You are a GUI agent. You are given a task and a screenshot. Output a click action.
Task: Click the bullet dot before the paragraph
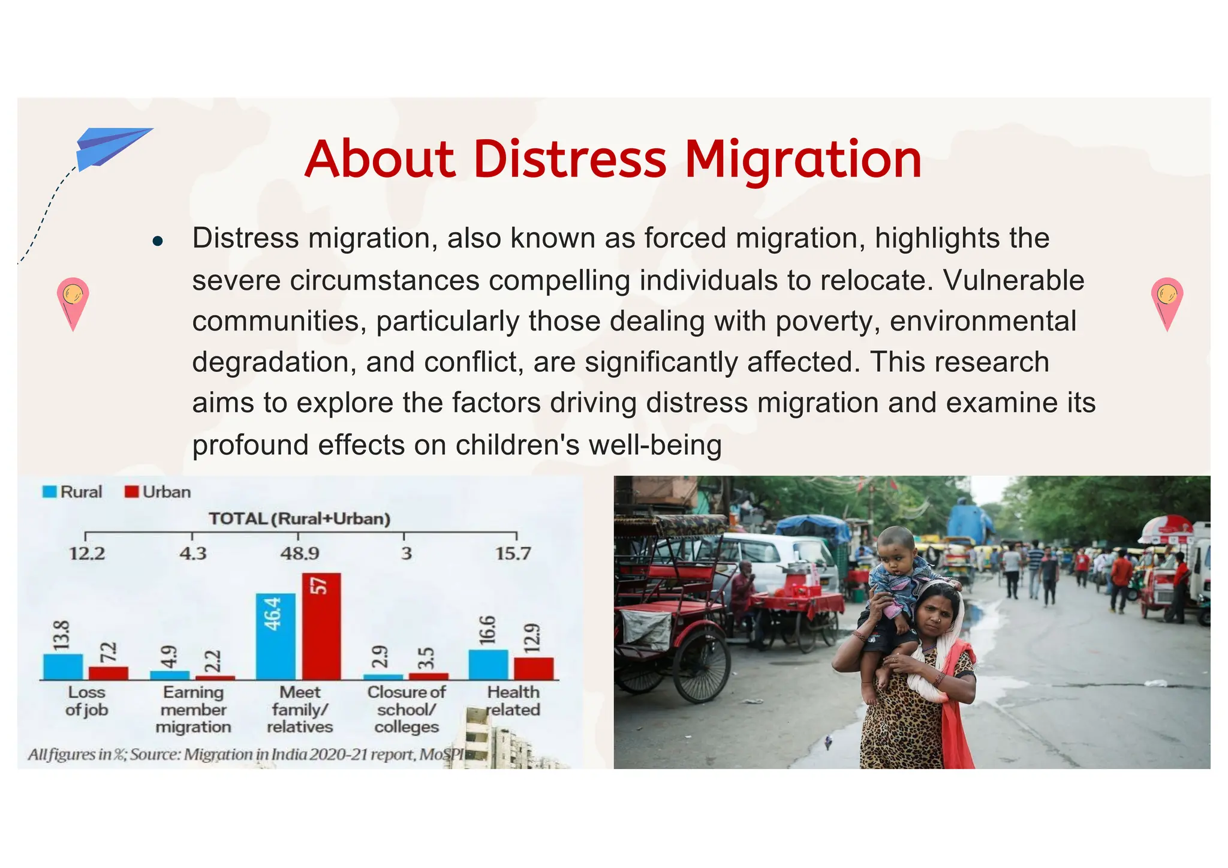tap(158, 241)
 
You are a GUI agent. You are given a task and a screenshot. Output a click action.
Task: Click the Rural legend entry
tap(73, 492)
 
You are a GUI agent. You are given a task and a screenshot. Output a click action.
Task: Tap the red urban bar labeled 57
tap(321, 627)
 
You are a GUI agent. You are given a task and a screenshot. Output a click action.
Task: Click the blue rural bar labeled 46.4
tap(275, 636)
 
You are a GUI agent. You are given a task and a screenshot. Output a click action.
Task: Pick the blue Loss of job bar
tap(62, 666)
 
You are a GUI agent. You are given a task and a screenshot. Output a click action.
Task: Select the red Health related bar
tap(533, 668)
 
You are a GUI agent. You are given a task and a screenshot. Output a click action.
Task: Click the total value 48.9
tap(300, 553)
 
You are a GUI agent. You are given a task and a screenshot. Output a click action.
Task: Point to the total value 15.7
tap(513, 553)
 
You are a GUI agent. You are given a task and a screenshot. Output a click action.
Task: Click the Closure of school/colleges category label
tap(407, 709)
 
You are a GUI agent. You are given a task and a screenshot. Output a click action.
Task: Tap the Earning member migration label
tap(193, 709)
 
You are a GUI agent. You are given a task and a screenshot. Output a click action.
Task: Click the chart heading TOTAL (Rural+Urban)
tap(299, 519)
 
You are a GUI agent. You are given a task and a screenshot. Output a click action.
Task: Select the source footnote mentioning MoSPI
tap(246, 754)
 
